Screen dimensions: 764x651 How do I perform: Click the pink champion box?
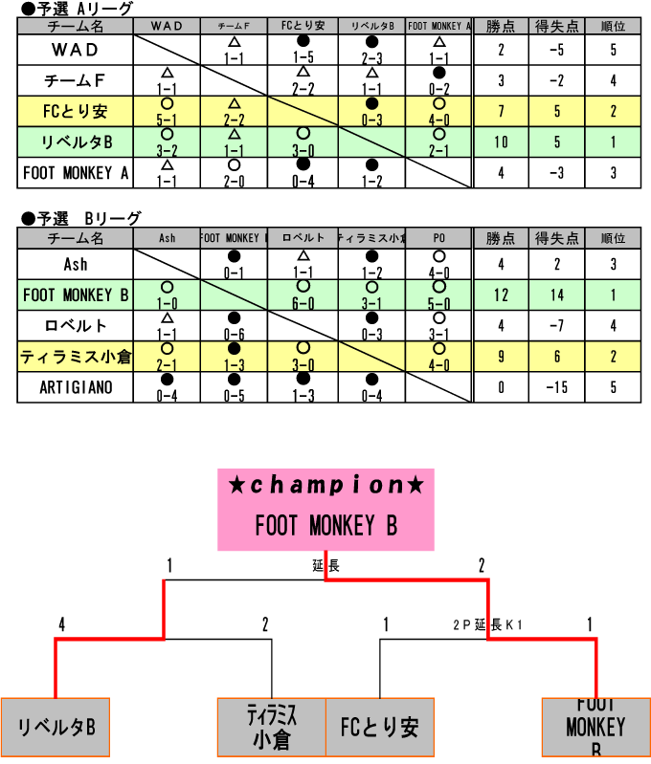tap(325, 509)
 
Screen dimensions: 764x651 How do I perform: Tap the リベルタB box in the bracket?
tap(56, 727)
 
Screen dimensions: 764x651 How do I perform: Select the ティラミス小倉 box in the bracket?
tap(272, 727)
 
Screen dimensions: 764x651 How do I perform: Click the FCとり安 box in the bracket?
tap(380, 727)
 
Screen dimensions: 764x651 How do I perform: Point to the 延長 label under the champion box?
tap(325, 566)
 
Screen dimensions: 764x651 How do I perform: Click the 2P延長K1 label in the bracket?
tap(487, 624)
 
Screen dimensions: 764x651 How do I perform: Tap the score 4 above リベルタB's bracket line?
tap(62, 624)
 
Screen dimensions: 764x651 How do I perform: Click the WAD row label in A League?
tap(76, 49)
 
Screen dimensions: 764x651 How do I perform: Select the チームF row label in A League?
tap(76, 80)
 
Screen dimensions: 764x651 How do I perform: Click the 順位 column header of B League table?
tap(613, 238)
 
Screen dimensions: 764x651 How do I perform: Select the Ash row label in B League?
tap(76, 264)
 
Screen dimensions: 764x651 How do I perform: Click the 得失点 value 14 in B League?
tap(557, 295)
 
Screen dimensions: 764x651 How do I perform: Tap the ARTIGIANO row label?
tap(76, 387)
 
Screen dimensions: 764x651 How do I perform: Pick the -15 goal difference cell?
tap(557, 387)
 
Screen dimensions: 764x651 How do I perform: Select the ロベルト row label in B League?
tap(76, 326)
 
